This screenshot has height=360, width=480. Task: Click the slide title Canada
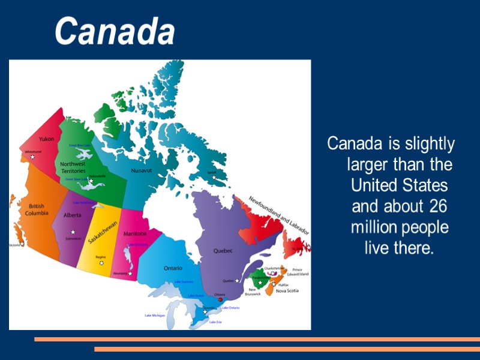coord(115,31)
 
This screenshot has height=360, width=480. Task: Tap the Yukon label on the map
coord(46,139)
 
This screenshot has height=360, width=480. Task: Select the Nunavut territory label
coord(142,170)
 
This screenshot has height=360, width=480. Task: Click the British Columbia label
coord(37,209)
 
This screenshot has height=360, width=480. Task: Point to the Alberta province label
coord(73,215)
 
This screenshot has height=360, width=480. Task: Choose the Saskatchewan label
coord(103,232)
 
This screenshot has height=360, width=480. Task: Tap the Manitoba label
coord(135,233)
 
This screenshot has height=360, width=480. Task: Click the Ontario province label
coord(173,268)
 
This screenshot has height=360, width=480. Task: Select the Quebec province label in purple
coord(223,251)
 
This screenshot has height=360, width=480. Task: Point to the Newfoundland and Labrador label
coord(279,215)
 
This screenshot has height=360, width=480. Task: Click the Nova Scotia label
coord(287,291)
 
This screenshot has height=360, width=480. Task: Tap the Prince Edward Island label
coord(301,272)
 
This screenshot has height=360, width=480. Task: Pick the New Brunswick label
coord(253,291)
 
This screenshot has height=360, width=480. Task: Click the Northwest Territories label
coord(73,167)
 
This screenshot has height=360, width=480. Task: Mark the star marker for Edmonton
coord(73,232)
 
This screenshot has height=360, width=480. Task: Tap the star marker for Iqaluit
coord(214,178)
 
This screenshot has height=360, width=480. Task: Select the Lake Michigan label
coord(155,315)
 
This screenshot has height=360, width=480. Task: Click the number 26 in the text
coord(439,206)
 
